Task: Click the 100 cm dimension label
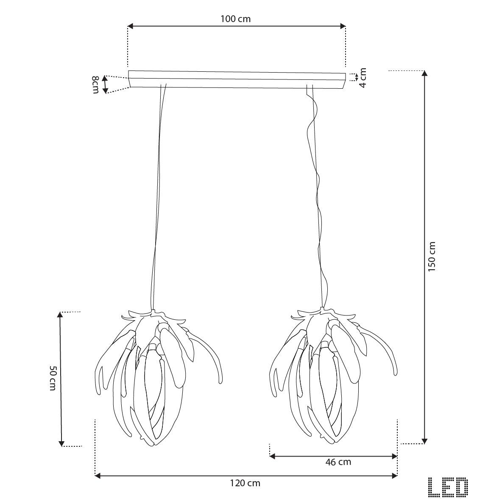(x=235, y=19)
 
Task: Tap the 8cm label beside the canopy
(x=95, y=85)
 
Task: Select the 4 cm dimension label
(x=363, y=78)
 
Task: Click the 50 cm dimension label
(x=53, y=378)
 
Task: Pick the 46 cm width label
(x=338, y=462)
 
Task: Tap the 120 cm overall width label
(x=245, y=483)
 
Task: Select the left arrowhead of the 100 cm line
(x=130, y=26)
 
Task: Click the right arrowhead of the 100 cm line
(x=343, y=26)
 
